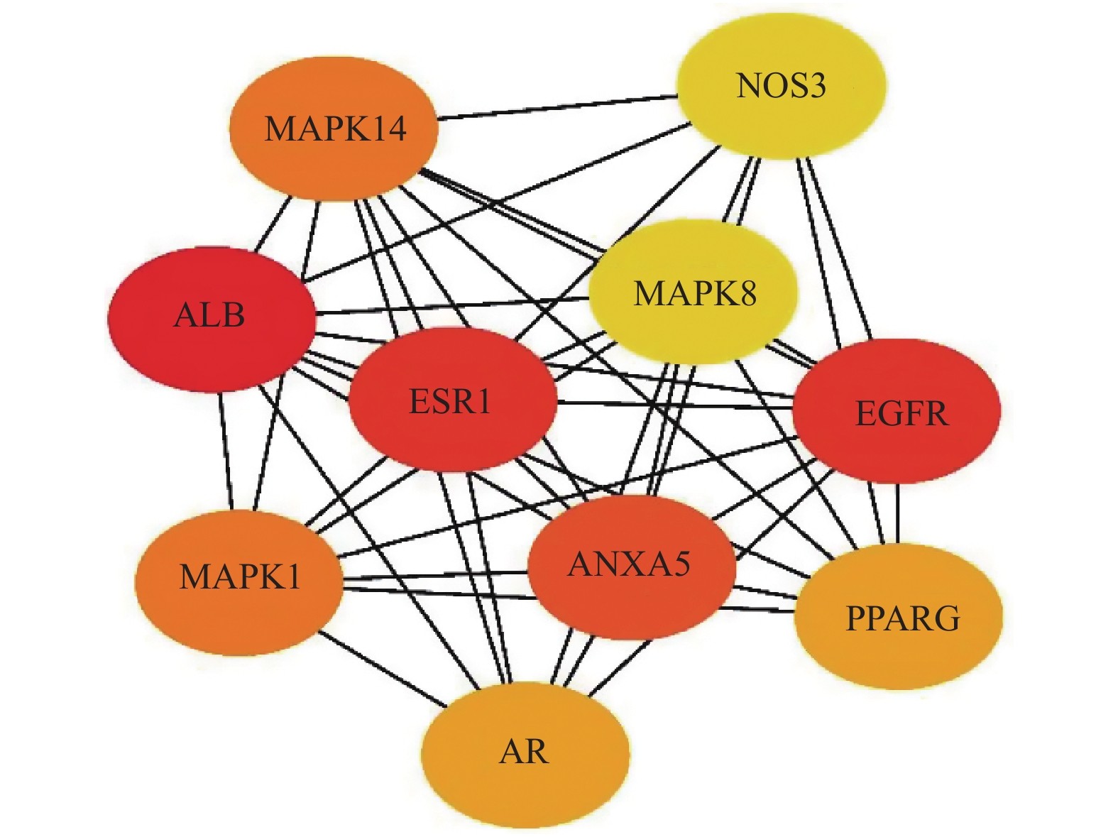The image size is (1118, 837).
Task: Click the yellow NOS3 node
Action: (781, 85)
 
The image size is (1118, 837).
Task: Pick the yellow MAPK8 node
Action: (694, 292)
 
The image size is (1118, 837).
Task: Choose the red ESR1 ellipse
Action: (451, 402)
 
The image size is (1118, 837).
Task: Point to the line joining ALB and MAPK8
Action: (454, 305)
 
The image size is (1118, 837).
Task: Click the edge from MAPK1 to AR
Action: (383, 669)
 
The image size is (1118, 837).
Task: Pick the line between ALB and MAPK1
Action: (225, 451)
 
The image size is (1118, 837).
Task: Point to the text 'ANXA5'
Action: (629, 564)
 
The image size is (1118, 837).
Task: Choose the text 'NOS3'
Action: (781, 86)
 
